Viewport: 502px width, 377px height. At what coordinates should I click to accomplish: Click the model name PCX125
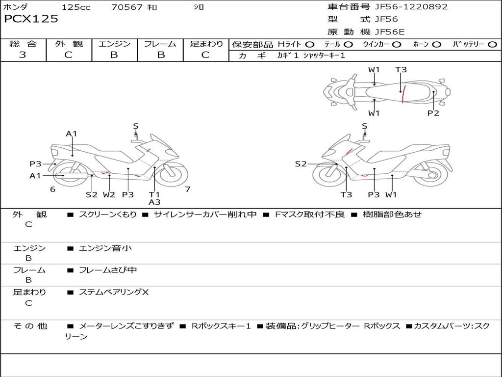click(x=31, y=19)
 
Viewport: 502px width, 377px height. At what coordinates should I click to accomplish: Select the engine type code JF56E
click(x=390, y=32)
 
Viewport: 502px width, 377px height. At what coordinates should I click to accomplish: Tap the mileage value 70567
click(x=127, y=7)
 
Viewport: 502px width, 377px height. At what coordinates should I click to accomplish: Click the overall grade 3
click(x=23, y=54)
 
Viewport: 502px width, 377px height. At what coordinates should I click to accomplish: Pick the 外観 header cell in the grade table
click(x=69, y=44)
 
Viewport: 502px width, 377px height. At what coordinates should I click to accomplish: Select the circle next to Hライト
click(x=310, y=44)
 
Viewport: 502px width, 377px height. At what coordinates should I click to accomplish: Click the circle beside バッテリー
click(x=492, y=44)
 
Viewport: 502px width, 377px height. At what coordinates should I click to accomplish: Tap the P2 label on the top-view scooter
click(x=433, y=113)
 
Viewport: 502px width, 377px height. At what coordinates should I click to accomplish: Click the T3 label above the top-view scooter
click(x=401, y=70)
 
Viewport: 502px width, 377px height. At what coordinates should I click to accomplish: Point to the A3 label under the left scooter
click(x=154, y=202)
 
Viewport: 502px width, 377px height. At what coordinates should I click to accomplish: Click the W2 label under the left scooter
click(x=109, y=194)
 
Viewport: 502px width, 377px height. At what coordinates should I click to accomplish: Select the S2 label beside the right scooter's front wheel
click(x=301, y=164)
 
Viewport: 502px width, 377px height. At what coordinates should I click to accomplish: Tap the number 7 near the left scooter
click(x=188, y=189)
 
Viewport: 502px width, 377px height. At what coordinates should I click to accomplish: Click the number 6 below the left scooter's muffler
click(x=53, y=189)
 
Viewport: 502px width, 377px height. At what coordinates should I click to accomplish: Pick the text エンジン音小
click(x=105, y=248)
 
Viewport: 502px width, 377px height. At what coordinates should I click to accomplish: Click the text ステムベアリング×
click(x=114, y=292)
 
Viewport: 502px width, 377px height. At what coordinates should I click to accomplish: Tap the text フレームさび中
click(x=108, y=270)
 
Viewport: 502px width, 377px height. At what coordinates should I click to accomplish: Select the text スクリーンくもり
click(x=107, y=214)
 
